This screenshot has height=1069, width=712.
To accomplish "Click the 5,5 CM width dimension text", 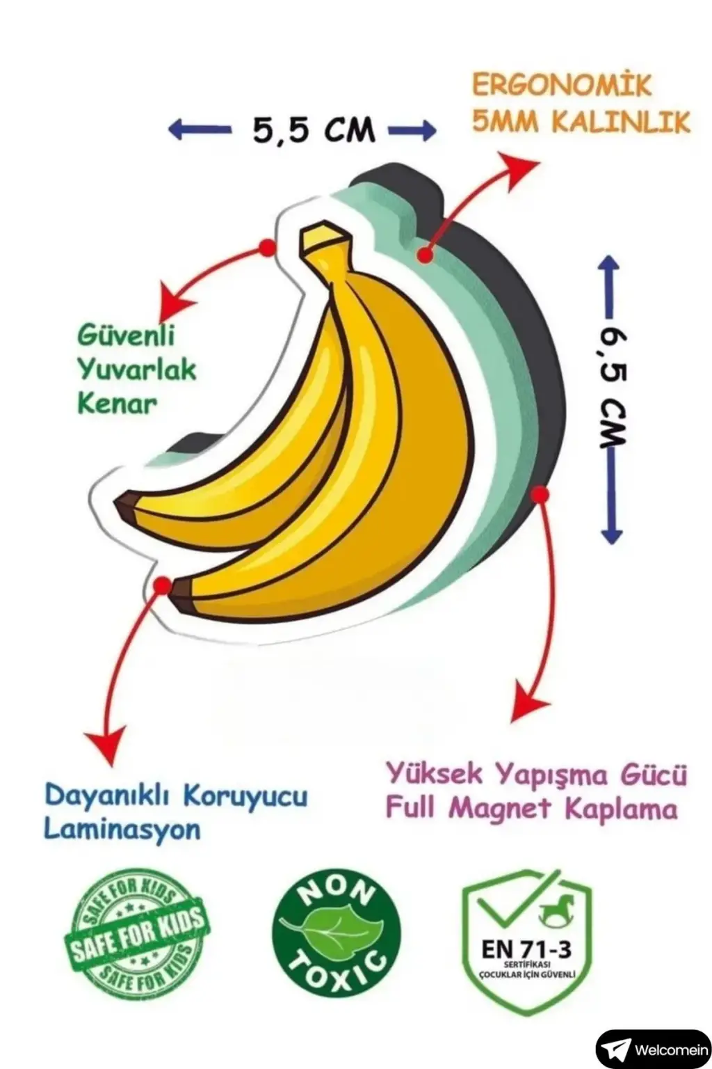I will tap(314, 129).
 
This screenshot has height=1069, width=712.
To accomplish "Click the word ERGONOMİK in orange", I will tap(562, 86).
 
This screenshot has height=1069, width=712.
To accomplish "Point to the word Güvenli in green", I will tap(126, 336).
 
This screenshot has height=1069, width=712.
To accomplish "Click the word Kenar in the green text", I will tap(117, 403).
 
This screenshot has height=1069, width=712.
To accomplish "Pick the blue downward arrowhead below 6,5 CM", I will tap(611, 534).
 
